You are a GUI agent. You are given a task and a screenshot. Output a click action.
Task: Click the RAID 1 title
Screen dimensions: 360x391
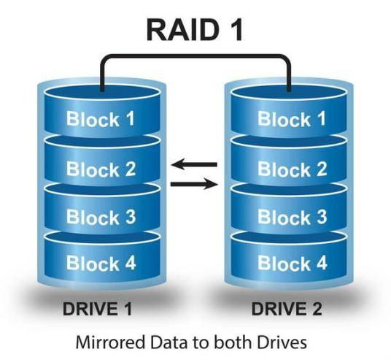195,30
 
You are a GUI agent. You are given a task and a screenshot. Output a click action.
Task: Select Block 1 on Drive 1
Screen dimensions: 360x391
101,118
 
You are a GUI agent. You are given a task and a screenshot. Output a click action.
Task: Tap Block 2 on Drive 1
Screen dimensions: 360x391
101,169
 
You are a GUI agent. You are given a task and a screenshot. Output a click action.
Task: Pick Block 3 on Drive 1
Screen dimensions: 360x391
101,216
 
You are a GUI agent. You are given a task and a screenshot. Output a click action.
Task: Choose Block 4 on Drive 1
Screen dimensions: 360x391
101,262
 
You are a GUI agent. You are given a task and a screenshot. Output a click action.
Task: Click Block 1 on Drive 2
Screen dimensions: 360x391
293,118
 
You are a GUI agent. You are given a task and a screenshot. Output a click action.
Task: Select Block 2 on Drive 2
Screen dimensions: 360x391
293,169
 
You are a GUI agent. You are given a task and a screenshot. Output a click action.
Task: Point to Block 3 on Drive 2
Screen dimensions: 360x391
293,216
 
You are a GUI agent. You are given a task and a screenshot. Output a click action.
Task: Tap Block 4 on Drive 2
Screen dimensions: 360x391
293,262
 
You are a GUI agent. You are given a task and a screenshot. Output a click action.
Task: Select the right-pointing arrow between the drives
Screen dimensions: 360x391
195,184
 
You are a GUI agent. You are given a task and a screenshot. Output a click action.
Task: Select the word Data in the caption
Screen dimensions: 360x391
166,340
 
